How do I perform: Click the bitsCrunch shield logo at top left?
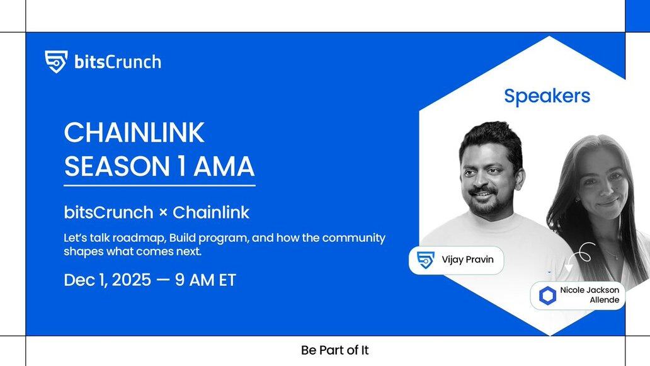(56, 62)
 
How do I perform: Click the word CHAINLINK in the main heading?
(134, 133)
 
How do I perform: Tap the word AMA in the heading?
(224, 167)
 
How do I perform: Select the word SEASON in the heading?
(117, 167)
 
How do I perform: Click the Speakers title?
(547, 96)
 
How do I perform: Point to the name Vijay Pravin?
(467, 260)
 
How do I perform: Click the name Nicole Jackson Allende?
(590, 295)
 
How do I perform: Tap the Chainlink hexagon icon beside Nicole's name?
(547, 295)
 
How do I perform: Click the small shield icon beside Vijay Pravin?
(426, 260)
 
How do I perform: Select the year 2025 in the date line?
(132, 280)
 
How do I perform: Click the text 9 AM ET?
(205, 280)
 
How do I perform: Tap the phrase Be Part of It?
(335, 350)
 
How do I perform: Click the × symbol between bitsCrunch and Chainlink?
(163, 213)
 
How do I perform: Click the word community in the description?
(353, 238)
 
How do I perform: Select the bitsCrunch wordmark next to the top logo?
(118, 62)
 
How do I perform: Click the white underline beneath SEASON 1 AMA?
(159, 186)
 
